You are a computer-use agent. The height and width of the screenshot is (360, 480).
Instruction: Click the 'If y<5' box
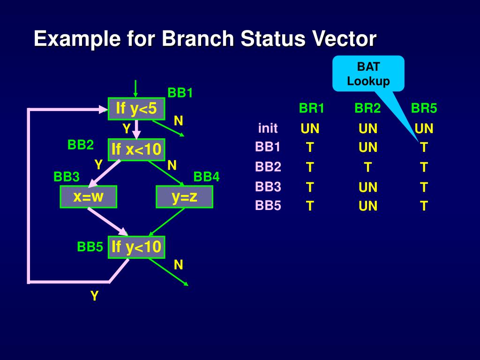(x=136, y=109)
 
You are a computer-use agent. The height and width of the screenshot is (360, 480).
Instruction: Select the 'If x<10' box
(x=136, y=150)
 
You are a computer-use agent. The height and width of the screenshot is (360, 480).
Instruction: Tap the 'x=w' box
(x=88, y=197)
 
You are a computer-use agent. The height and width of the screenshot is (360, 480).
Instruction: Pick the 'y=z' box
(x=184, y=197)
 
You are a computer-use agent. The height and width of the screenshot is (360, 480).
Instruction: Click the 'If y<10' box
(x=136, y=247)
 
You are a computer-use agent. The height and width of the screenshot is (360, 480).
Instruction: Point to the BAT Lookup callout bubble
(x=368, y=74)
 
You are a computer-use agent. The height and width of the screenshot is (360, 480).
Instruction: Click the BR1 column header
(x=312, y=109)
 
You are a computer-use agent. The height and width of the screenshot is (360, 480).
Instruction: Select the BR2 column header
(x=367, y=109)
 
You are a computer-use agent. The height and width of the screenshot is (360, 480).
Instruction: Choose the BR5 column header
(x=424, y=109)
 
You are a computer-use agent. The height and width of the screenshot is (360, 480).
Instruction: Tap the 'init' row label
(x=268, y=128)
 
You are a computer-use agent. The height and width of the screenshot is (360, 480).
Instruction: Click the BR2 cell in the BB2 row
(x=367, y=167)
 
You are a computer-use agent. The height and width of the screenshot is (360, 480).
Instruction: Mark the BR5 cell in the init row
(x=424, y=128)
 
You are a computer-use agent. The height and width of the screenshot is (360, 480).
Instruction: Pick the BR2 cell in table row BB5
(x=367, y=206)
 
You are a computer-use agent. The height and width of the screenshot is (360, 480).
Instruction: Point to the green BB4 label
(x=206, y=177)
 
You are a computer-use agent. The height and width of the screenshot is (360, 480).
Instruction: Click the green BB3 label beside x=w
(x=67, y=177)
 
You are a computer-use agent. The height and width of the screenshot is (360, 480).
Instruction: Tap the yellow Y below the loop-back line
(x=94, y=296)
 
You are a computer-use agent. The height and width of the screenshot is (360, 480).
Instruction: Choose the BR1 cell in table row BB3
(x=310, y=187)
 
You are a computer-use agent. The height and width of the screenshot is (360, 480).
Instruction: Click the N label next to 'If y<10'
(x=178, y=265)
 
